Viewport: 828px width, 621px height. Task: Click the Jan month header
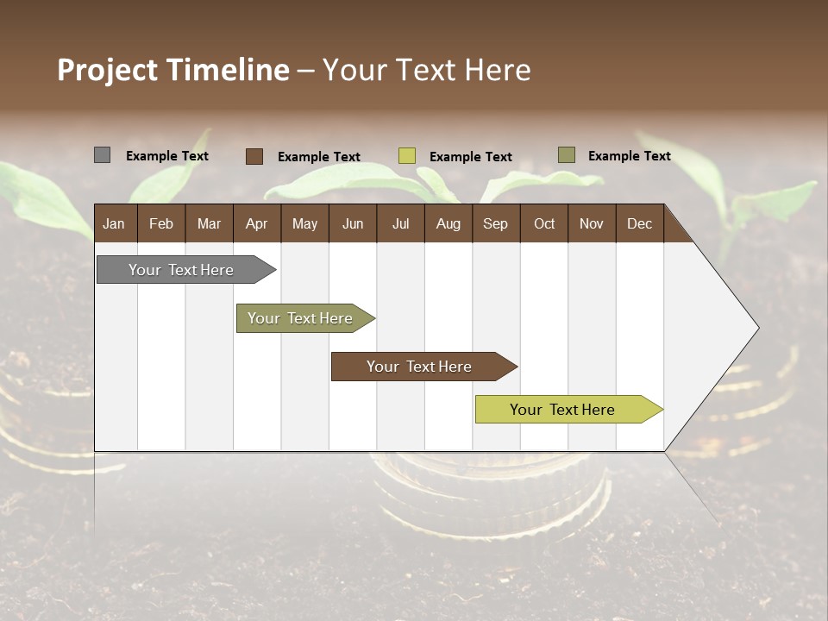114,224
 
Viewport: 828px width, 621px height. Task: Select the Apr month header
256,224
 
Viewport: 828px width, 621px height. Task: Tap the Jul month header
400,224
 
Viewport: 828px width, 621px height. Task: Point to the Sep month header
495,224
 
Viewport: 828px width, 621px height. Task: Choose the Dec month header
639,224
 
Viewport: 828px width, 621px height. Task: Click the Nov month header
591,224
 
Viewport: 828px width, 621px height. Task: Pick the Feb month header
161,224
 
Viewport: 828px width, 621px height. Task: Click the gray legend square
102,155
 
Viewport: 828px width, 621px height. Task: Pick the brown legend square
254,156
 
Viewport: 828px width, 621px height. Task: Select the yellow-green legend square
406,156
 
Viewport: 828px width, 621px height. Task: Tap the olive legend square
566,155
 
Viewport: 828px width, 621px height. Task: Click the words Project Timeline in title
172,70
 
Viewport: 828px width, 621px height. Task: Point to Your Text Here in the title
426,70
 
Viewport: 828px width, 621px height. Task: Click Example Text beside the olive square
629,156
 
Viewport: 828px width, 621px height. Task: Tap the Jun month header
352,224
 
